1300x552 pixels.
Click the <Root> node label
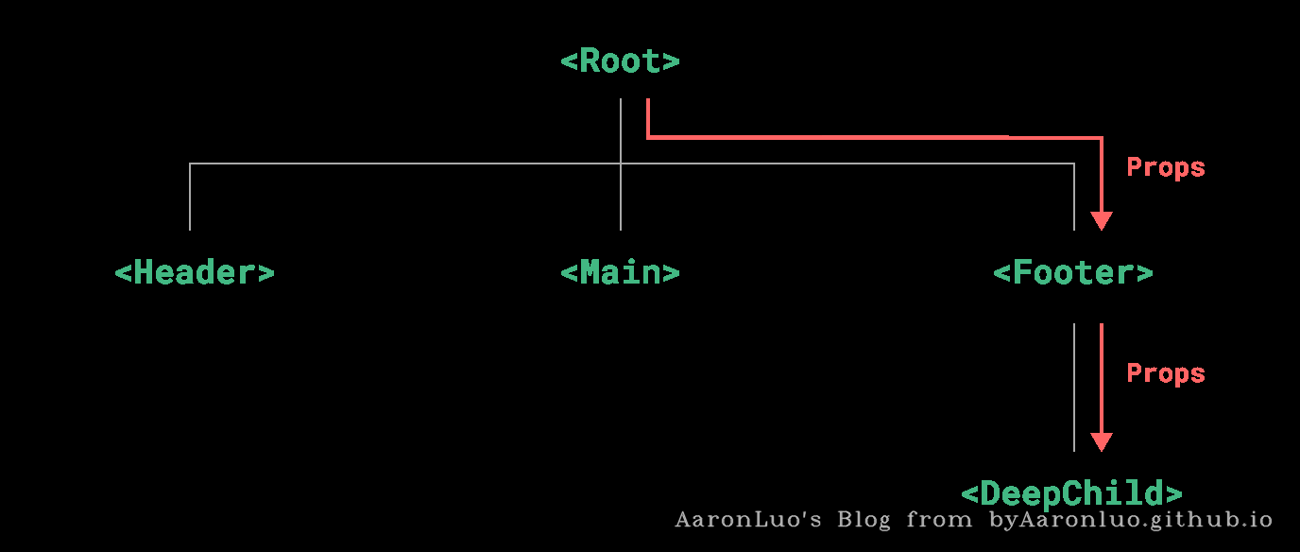point(620,60)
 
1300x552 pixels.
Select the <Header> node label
point(195,272)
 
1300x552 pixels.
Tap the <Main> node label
point(620,272)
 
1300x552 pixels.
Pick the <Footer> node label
point(1073,272)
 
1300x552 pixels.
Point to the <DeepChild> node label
point(1072,493)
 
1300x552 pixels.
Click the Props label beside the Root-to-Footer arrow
point(1165,167)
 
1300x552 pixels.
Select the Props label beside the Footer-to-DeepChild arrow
point(1165,373)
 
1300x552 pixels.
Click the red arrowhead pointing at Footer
point(1102,221)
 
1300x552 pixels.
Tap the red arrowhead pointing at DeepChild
point(1102,442)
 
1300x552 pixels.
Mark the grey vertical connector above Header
point(190,197)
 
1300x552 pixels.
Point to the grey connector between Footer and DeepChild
point(1074,388)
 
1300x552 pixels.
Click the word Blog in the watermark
point(864,520)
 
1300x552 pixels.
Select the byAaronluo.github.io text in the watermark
point(1131,520)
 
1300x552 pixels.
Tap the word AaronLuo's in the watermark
point(748,520)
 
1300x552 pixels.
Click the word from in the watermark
point(939,520)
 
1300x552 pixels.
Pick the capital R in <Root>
point(590,60)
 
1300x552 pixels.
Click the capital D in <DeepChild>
point(991,493)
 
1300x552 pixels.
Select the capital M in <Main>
point(590,272)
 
